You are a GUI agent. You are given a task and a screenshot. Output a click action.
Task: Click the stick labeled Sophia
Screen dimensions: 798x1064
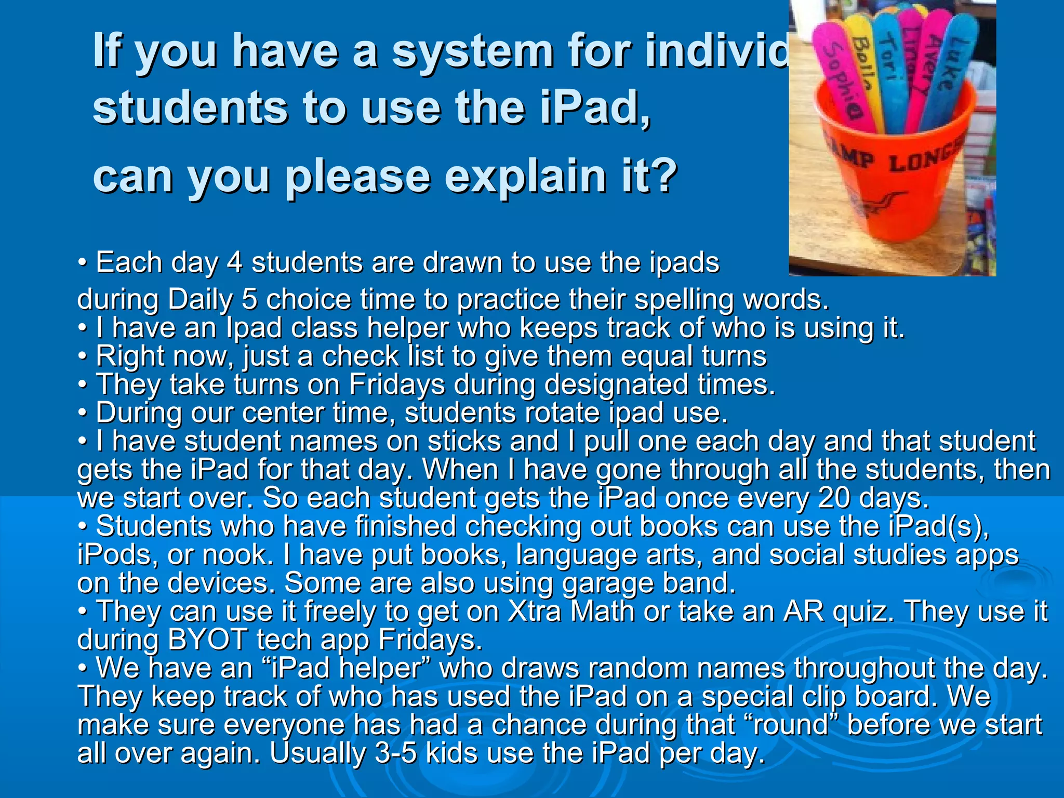point(841,78)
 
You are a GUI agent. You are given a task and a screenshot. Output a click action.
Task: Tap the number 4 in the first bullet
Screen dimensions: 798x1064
point(235,262)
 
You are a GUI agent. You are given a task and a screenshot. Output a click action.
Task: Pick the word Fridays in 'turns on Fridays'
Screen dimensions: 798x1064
point(397,384)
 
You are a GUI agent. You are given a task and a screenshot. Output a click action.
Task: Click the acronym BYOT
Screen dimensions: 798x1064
point(207,640)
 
